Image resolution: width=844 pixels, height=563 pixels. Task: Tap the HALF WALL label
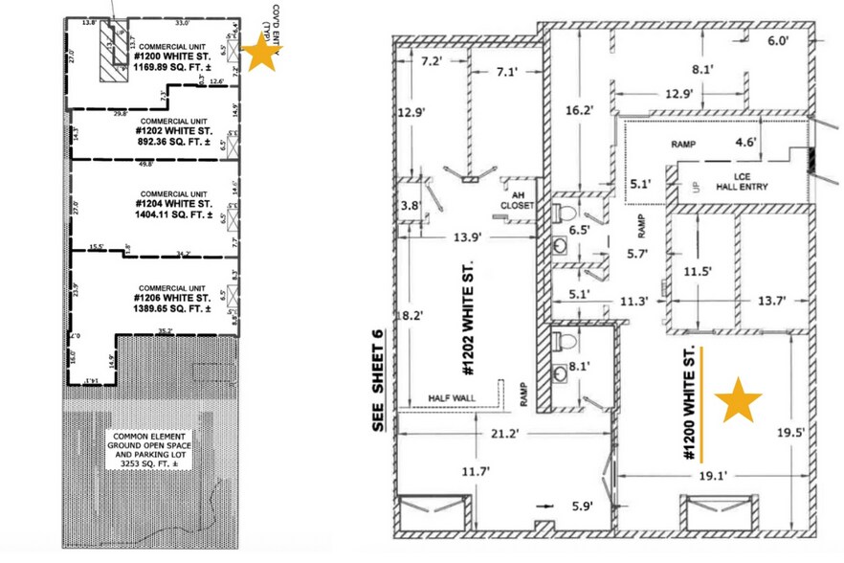click(x=454, y=399)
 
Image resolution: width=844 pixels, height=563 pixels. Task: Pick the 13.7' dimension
click(x=770, y=301)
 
